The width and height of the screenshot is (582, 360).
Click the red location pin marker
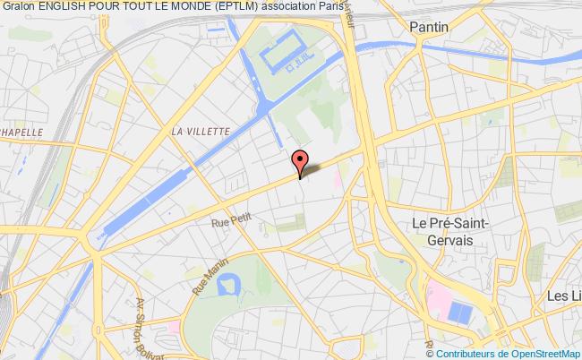pos(300,162)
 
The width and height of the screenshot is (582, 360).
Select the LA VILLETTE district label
pos(201,130)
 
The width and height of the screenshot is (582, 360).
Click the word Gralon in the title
pos(19,7)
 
